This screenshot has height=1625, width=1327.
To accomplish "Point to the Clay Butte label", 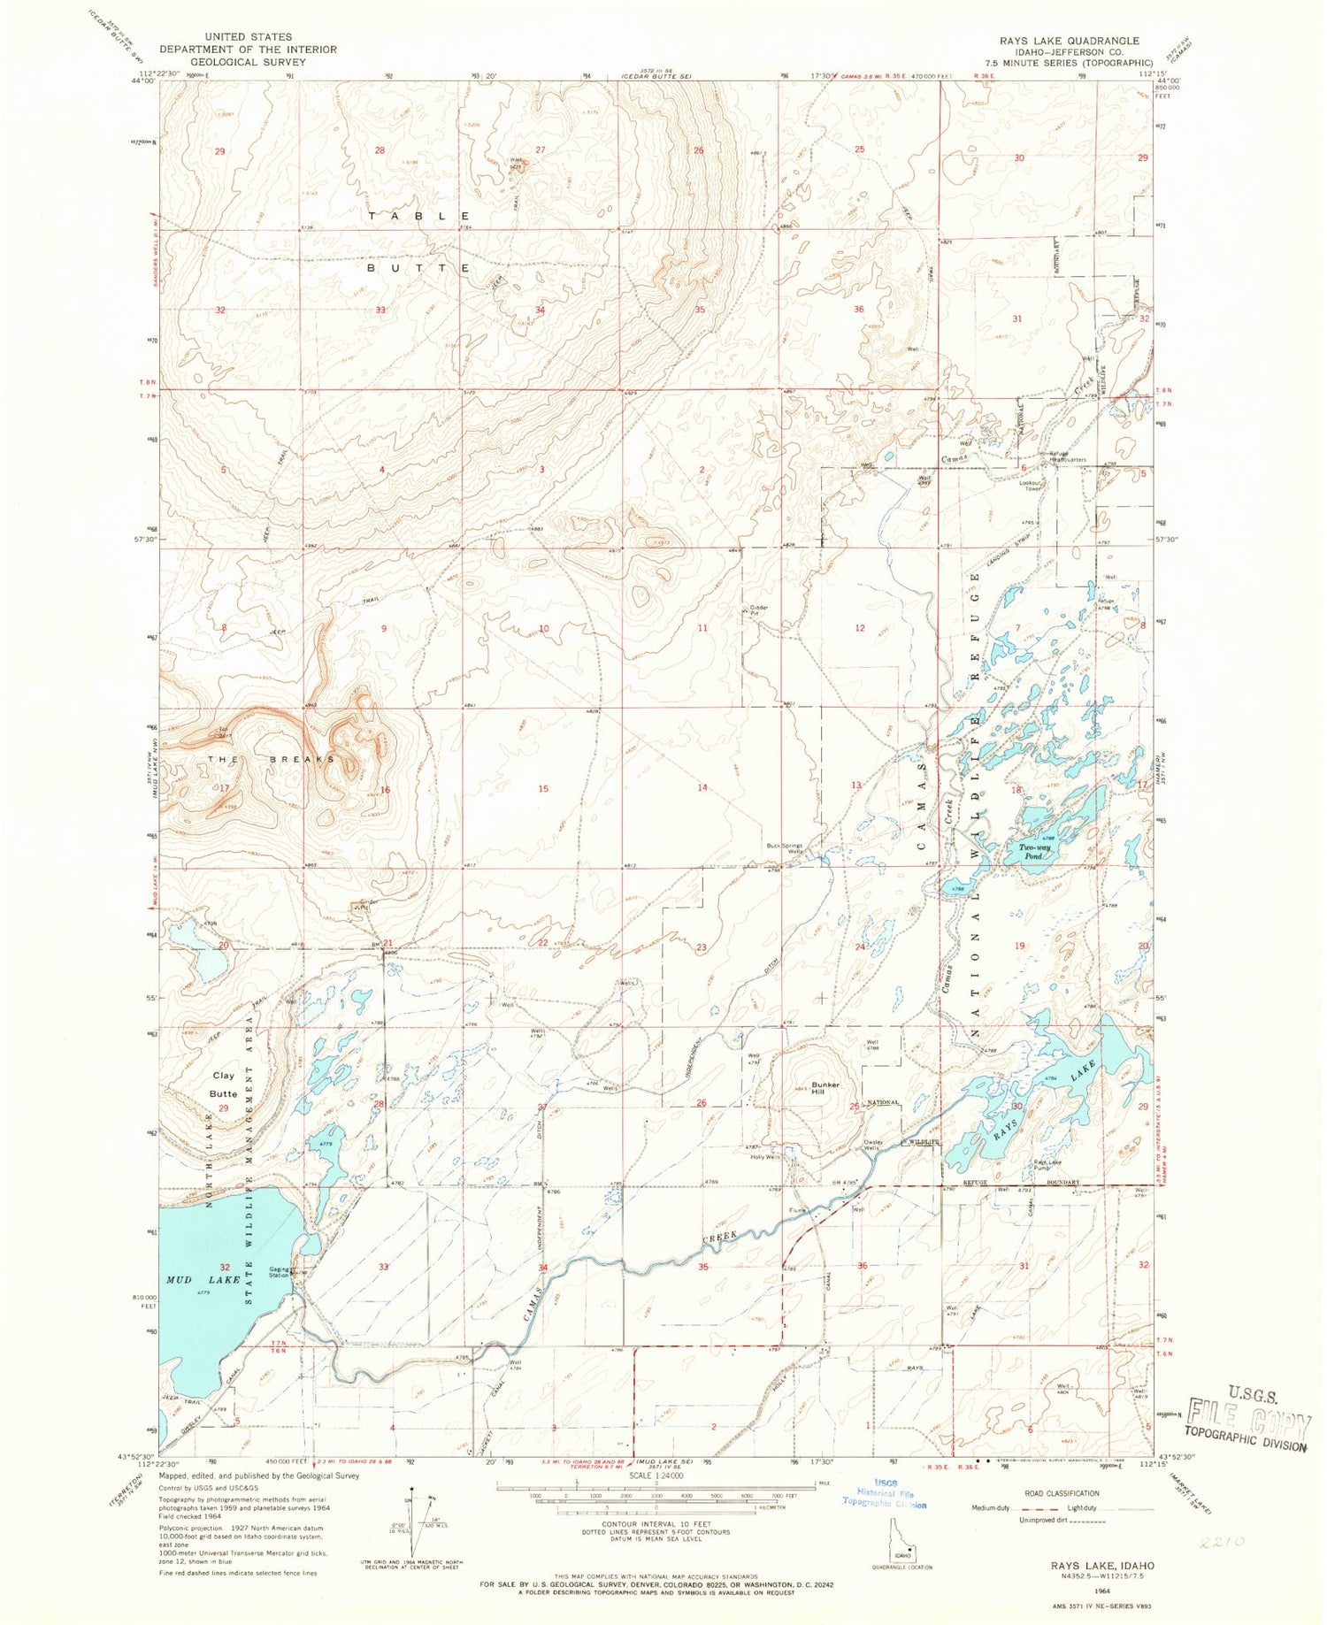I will coord(224,1085).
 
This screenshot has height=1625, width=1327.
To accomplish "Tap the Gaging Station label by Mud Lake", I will coord(280,1272).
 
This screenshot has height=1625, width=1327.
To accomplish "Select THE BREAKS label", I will coord(272,759).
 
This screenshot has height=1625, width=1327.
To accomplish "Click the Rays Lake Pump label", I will coord(1047,1165).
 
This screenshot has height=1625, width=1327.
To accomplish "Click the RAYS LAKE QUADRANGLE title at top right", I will coord(1056,41).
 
